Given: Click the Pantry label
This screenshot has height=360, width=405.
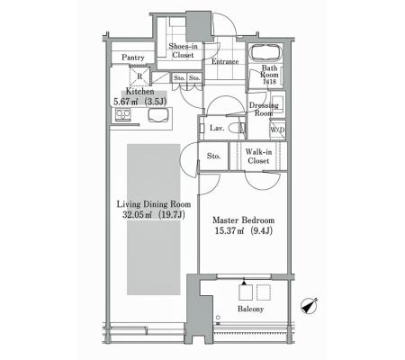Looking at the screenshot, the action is point(133,58).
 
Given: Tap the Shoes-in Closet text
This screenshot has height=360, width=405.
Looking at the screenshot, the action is point(183,50).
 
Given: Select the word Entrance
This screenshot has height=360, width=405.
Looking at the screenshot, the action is point(225,61).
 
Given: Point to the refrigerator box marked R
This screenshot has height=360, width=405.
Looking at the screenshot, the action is point(139,76).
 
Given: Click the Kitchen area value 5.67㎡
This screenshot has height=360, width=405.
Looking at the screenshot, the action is point(126,102).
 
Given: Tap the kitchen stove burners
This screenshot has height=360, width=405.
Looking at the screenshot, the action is point(123,114).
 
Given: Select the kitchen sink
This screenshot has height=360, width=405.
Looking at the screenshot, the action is point(158,115).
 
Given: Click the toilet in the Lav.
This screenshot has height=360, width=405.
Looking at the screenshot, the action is point(237,128).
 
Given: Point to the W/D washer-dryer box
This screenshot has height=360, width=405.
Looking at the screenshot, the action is point(277,130).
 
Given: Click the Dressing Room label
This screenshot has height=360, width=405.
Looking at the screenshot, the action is point(264,109).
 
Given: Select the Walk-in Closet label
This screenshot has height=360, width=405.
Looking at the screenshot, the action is point(258,157).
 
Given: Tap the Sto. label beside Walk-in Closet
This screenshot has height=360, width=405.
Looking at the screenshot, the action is point(213,156).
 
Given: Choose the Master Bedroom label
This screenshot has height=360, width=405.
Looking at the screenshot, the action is point(243,220).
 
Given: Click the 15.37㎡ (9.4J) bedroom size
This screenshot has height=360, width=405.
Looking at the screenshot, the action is point(244,230).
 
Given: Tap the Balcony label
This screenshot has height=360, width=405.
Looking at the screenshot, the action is point(250,309).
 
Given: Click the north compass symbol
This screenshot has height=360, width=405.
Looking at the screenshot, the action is point(309,306).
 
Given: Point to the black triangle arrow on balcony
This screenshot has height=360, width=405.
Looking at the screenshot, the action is point(244,283).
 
